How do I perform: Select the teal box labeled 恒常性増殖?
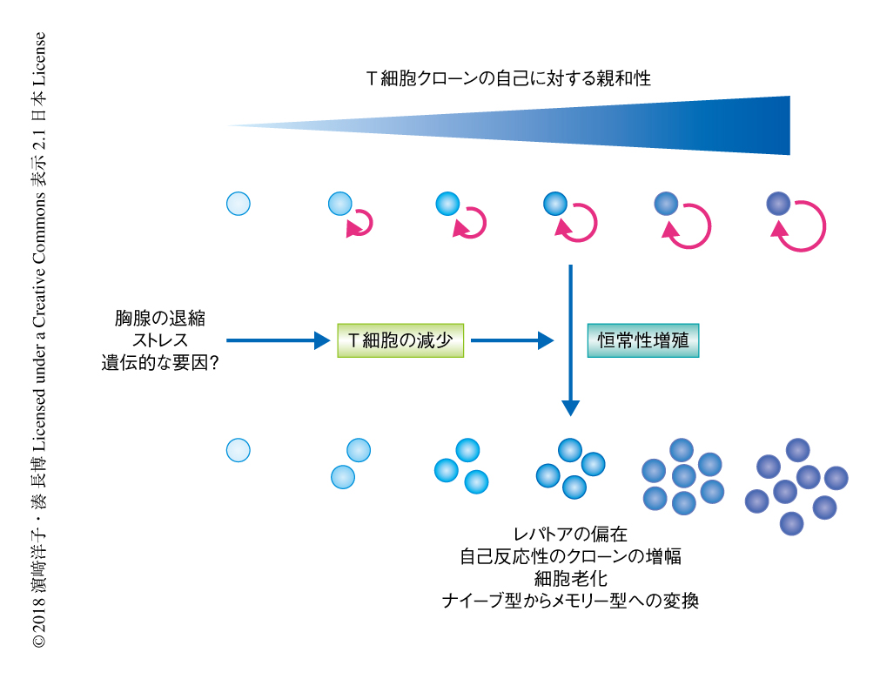(643, 340)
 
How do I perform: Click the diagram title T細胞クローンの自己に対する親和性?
(508, 78)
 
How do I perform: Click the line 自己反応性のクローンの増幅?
(570, 556)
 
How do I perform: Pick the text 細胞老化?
(570, 578)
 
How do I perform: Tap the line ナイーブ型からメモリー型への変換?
(570, 601)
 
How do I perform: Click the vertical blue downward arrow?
(570, 339)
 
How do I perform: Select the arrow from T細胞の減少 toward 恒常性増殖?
(512, 340)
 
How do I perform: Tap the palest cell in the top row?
(238, 204)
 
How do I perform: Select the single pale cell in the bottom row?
(238, 449)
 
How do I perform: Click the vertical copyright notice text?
(38, 339)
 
